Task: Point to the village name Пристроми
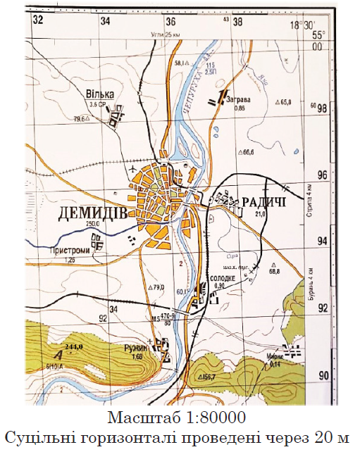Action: [x=69, y=249]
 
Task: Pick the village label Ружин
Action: [x=139, y=348]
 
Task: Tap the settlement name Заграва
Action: [x=241, y=99]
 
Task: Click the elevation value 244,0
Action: [x=73, y=347]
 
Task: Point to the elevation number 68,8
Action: [x=274, y=270]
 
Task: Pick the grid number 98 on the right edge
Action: [x=322, y=108]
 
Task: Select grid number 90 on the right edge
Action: [x=323, y=375]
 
